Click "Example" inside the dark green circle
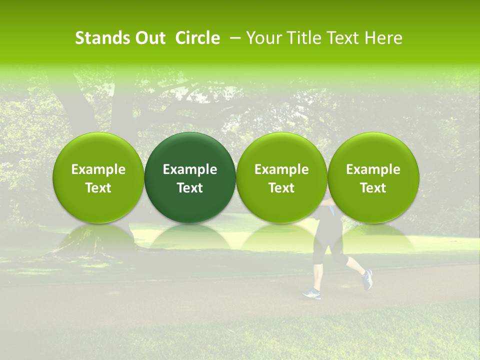(x=190, y=169)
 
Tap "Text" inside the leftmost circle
(x=98, y=188)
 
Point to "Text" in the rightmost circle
(x=373, y=188)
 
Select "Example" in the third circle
(x=281, y=169)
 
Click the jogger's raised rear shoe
(x=367, y=279)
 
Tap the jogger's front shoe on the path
(x=312, y=293)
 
